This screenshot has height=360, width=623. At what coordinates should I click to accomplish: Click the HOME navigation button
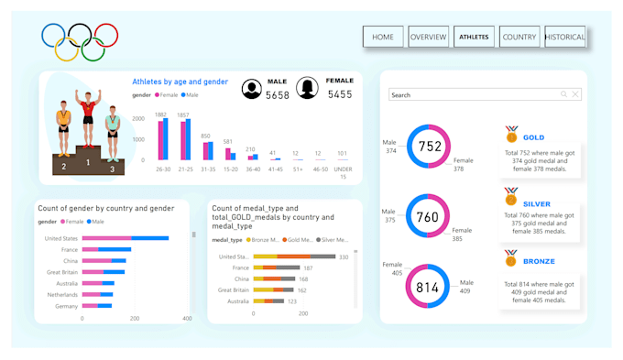coord(383,37)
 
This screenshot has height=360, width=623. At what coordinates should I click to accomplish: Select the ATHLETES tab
coord(475,37)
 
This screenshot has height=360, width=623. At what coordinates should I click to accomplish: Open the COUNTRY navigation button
coord(519,37)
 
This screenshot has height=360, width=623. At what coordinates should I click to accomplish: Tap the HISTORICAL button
coord(564,37)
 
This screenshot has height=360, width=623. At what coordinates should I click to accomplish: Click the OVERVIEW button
coord(428,37)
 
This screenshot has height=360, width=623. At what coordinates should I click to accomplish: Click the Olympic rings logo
coord(80,41)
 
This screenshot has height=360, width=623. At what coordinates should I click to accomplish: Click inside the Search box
coord(472,94)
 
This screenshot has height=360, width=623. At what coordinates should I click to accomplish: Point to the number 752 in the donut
coord(430,147)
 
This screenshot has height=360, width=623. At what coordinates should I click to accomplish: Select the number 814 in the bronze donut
coord(428,288)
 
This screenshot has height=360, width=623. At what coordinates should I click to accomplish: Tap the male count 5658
coord(278,94)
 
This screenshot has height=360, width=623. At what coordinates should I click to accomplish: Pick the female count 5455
coord(340,93)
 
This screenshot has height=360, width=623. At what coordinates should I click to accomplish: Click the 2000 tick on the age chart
coord(137,119)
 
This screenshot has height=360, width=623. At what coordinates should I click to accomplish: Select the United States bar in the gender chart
coord(125,238)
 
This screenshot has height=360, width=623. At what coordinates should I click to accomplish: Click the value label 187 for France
coord(308,267)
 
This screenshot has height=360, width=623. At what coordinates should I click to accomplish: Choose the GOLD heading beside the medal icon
coord(533,137)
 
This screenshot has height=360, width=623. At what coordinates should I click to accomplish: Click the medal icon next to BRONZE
coord(511,259)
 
